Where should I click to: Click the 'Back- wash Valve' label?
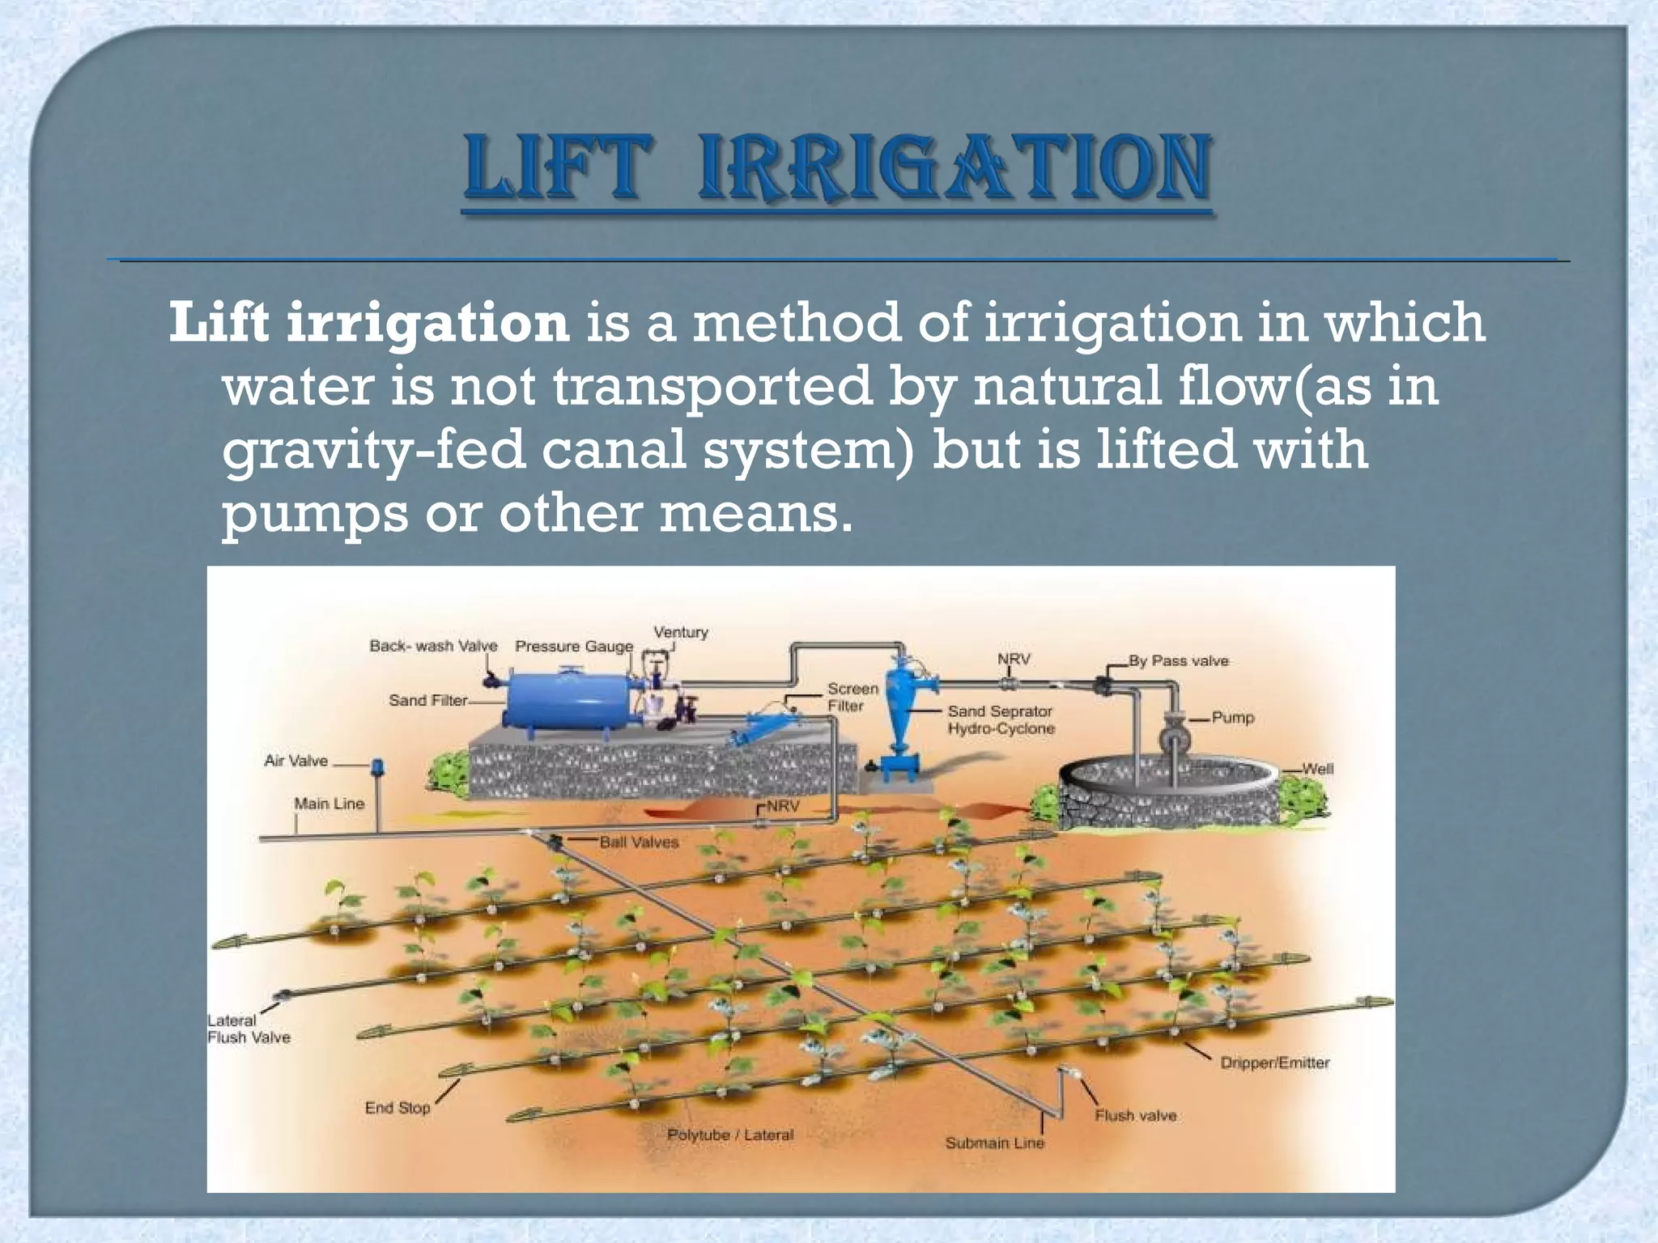pos(433,646)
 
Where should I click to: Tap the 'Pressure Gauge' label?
pos(574,647)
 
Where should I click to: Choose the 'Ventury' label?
pos(680,632)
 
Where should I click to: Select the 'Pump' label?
pos(1232,718)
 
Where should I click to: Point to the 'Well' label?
pos(1317,769)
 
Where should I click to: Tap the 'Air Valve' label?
pos(296,761)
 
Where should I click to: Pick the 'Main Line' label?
pos(329,804)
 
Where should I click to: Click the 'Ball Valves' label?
pos(639,842)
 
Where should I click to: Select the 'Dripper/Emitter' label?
pos(1274,1063)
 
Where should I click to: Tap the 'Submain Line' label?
pos(994,1143)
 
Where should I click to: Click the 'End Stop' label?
pos(397,1107)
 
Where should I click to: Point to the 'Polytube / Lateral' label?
pos(730,1135)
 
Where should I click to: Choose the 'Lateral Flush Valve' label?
pos(248,1029)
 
